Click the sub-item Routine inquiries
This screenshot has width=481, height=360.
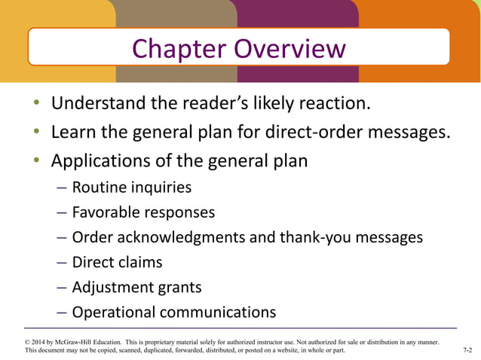tap(131, 188)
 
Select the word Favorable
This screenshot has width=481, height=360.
tap(108, 212)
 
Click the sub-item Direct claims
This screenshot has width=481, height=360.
tap(117, 262)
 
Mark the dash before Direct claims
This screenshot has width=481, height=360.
tap(62, 262)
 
